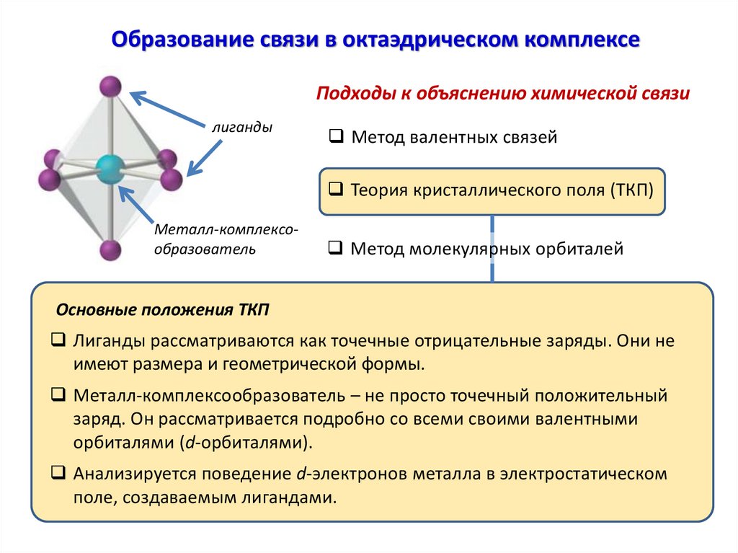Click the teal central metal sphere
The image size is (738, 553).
(110, 169)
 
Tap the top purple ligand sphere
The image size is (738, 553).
(110, 87)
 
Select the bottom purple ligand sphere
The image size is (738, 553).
(110, 250)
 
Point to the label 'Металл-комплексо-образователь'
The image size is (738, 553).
(225, 239)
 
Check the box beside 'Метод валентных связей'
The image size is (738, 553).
(337, 136)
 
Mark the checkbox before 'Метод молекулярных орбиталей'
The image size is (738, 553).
(336, 248)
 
